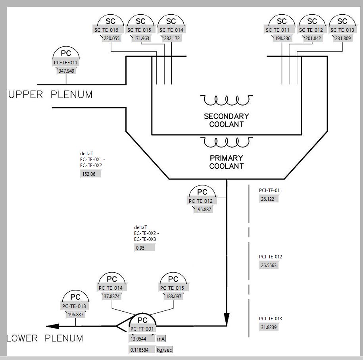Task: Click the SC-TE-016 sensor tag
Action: [106, 30]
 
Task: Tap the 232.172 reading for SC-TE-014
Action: [171, 39]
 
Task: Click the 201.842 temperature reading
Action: [312, 39]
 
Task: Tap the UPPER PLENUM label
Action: [50, 95]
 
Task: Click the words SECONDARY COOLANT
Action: [226, 120]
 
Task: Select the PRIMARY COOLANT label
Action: [226, 162]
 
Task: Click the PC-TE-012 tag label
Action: [200, 201]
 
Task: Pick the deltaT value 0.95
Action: [144, 248]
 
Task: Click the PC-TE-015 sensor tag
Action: [173, 288]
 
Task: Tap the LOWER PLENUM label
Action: [46, 339]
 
